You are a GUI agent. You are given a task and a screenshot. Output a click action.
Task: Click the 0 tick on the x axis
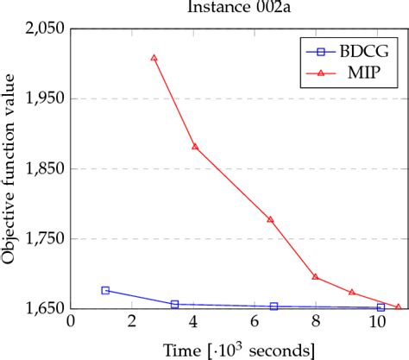pyautogui.click(x=71, y=322)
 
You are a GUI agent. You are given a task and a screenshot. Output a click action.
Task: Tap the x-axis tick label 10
pyautogui.click(x=377, y=322)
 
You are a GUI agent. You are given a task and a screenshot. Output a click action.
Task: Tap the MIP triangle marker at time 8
pyautogui.click(x=316, y=277)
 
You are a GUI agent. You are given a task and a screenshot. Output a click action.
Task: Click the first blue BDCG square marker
pyautogui.click(x=105, y=290)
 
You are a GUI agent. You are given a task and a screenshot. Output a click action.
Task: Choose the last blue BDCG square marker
pyautogui.click(x=381, y=307)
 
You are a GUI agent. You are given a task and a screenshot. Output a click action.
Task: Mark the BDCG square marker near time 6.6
pyautogui.click(x=274, y=306)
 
